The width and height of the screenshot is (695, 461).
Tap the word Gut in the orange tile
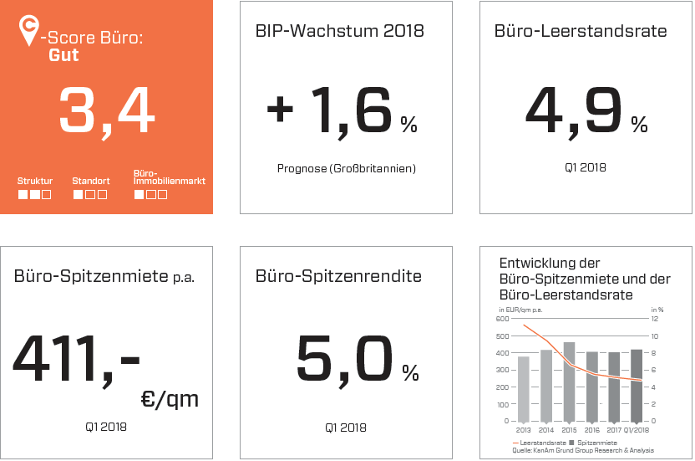tap(63, 55)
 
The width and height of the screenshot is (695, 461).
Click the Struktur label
tap(35, 181)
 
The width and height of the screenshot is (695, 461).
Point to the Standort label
tap(90, 181)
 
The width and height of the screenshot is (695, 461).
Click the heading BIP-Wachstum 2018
tap(339, 32)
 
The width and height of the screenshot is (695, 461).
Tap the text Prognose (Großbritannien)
tap(346, 168)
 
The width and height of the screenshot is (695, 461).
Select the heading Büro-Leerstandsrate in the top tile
tap(581, 32)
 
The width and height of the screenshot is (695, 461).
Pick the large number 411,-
tap(76, 356)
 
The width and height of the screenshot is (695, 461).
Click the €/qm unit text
tap(170, 399)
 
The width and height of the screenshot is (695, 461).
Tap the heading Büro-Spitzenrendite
tap(338, 276)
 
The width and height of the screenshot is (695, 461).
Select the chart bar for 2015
tap(569, 381)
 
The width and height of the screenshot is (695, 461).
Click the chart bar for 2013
tap(524, 388)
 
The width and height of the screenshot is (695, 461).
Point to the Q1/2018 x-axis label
tap(637, 429)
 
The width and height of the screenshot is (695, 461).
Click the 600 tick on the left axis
tap(501, 319)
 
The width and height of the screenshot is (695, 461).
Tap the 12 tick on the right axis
tap(655, 319)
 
